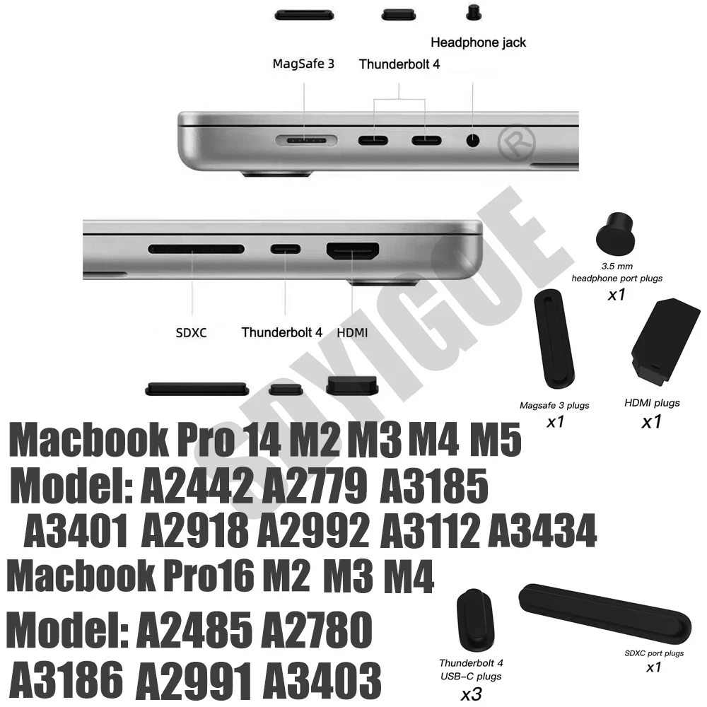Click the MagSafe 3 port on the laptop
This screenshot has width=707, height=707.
coord(305,140)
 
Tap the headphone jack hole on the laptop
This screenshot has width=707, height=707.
coord(472,139)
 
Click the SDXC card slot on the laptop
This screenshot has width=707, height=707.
coord(196,250)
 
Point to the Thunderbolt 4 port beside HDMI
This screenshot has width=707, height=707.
coord(284,250)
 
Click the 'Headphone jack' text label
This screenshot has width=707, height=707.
coord(479,42)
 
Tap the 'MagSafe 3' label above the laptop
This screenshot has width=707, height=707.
coord(303,64)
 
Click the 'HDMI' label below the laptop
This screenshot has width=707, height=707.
coord(351,332)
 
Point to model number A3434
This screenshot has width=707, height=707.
coord(542,532)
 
